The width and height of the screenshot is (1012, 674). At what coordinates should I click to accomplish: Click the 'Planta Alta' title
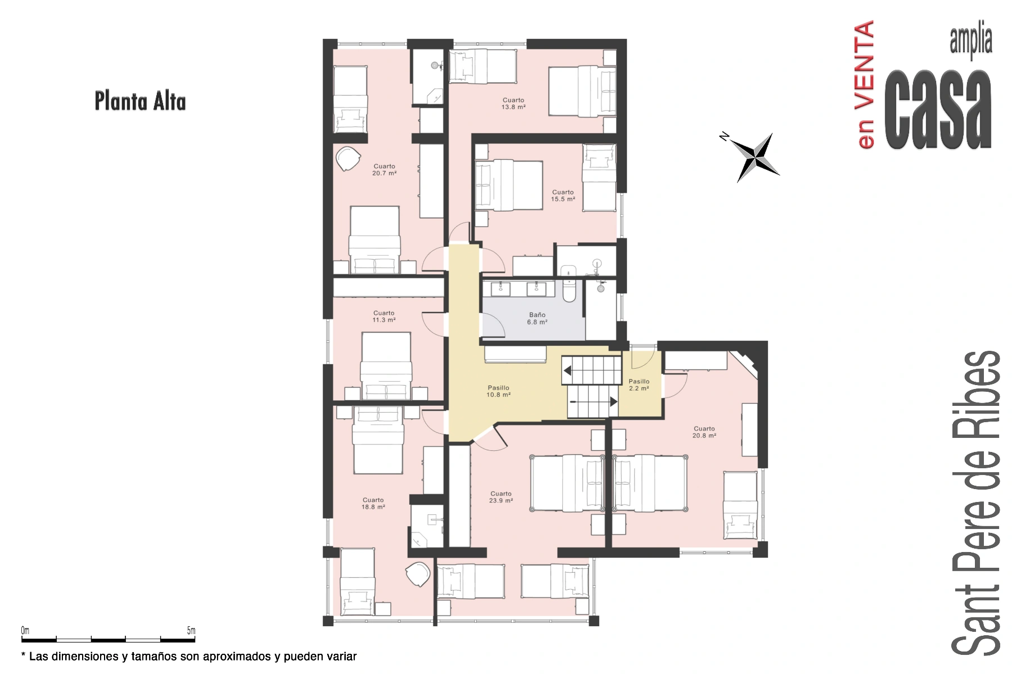coord(140,101)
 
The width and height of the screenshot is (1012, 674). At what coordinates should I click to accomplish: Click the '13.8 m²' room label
coord(513,107)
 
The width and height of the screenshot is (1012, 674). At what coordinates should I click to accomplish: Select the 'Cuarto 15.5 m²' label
coord(563,196)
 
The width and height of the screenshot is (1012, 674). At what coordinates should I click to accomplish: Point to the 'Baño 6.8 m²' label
coord(537,319)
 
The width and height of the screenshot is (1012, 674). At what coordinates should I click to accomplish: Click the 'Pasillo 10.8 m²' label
coord(498,391)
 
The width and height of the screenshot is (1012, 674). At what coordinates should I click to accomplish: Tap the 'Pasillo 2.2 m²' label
coord(639,385)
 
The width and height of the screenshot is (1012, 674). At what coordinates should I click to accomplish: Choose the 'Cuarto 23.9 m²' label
coord(501,497)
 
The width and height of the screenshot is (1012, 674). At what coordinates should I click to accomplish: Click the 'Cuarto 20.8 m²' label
coord(704,432)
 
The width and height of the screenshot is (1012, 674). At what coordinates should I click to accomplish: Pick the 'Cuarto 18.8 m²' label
coord(373,504)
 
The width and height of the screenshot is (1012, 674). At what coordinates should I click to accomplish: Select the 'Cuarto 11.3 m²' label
coord(384,316)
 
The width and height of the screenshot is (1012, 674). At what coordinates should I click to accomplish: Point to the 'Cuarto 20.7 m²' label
coord(384,170)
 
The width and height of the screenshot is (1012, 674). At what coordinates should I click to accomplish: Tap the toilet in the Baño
coord(569,283)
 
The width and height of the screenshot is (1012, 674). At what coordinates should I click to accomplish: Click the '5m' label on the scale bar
coord(191,631)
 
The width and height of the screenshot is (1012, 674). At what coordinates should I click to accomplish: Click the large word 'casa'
coord(938,110)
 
